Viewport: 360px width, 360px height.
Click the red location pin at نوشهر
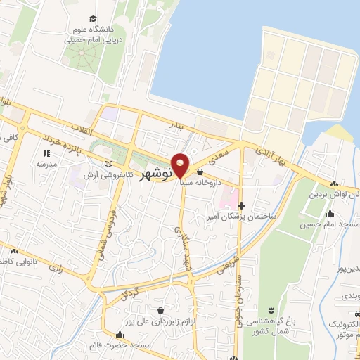pos(181,165)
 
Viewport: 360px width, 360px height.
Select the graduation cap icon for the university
pos(93,19)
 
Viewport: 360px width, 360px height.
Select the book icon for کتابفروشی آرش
pos(108,164)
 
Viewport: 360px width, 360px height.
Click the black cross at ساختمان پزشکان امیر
pos(242,206)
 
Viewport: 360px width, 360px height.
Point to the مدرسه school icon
pos(46,153)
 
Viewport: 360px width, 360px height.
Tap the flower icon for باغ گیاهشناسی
pos(270,311)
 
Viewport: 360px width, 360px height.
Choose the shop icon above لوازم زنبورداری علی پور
pos(162,310)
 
